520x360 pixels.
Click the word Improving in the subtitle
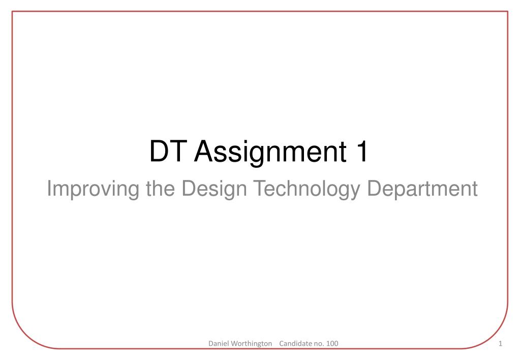pos(93,189)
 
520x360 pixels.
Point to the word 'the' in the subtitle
pos(160,188)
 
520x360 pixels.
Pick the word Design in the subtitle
pos(214,189)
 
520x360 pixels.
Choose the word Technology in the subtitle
pos(307,189)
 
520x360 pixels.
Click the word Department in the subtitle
pos(422,189)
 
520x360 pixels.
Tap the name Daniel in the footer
pos(218,343)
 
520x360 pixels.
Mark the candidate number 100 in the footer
pos(332,343)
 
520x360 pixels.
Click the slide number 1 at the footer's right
pos(501,344)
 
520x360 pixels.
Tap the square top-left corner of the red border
pos(12,12)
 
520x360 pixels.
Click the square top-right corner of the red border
pos(508,12)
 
